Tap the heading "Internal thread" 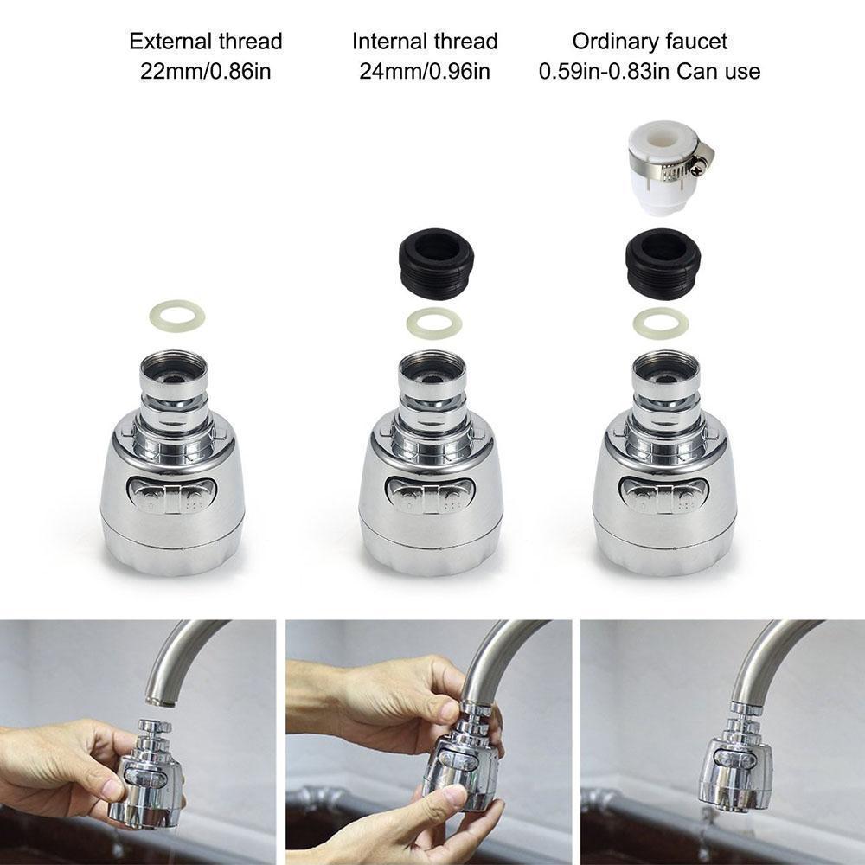click(x=425, y=41)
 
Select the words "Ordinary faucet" click(x=650, y=41)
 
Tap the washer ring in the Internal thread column click(x=433, y=324)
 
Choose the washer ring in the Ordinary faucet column click(x=661, y=324)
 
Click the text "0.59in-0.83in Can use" click(x=650, y=71)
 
